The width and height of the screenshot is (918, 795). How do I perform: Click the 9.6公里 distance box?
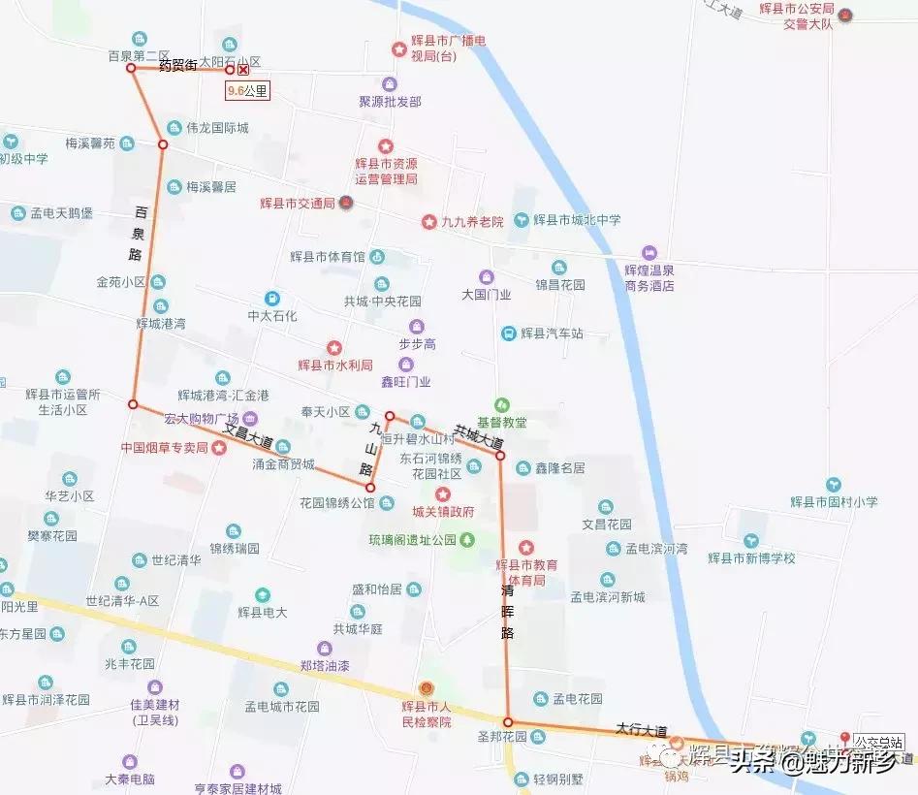coord(246,91)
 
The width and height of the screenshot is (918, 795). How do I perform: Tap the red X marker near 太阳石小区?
coord(243,70)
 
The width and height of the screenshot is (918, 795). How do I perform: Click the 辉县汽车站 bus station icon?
coord(508,334)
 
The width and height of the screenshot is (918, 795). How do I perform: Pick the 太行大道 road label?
coord(642,729)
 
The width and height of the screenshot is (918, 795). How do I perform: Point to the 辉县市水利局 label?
coord(335,365)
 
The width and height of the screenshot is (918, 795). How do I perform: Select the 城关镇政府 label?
coord(443,511)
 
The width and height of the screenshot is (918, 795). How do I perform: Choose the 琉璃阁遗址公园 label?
coord(412,539)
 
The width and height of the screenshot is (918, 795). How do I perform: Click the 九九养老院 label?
coord(472,222)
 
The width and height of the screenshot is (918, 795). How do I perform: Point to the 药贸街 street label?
coord(177,65)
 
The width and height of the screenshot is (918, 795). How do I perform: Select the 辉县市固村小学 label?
coord(834,502)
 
